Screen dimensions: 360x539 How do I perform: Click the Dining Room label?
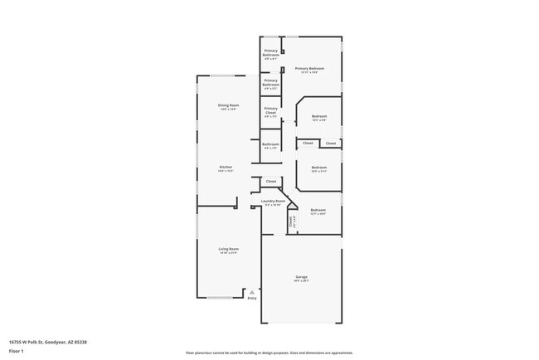tap(228, 105)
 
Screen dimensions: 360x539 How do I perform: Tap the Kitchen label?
tap(226, 167)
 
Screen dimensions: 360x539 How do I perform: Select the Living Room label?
tap(228, 248)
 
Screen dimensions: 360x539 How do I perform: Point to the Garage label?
tap(301, 276)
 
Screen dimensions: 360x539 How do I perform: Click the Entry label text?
tap(252, 298)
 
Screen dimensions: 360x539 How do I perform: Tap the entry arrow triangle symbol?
tap(252, 291)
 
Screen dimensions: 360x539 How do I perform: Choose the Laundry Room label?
tap(273, 201)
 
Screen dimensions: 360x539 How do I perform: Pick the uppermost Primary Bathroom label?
tap(271, 52)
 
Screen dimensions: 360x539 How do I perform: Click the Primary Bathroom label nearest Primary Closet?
tap(271, 82)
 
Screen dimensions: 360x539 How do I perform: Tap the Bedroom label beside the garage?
tap(318, 210)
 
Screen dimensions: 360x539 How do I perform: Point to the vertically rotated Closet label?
tap(291, 221)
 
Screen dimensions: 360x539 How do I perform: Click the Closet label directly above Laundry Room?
tap(270, 181)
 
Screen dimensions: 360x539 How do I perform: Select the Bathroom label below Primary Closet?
tap(270, 144)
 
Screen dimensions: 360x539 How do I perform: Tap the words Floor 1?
tap(16, 351)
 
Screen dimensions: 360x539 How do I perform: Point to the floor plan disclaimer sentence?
tap(269, 353)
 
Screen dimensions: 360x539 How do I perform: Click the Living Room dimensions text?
tap(228, 253)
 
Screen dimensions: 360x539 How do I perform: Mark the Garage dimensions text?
tap(301, 280)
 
